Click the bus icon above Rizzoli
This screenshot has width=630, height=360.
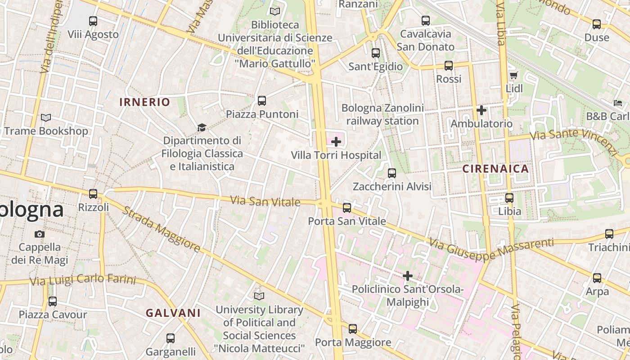[x=93, y=194]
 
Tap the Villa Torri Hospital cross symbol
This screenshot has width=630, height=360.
[x=336, y=142]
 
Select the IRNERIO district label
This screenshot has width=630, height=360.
[x=145, y=102]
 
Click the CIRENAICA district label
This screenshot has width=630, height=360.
[x=495, y=169]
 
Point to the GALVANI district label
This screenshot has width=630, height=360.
[x=173, y=313]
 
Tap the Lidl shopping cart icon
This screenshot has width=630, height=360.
[x=513, y=75]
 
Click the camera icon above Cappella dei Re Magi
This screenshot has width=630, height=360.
[x=40, y=234]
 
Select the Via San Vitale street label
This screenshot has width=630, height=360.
[x=265, y=201]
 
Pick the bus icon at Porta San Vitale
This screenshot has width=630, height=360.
[x=347, y=207]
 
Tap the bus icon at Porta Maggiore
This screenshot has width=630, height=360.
[x=353, y=329]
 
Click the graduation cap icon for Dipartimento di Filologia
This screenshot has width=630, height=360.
[x=202, y=128]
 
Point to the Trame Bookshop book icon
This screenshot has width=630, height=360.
[x=46, y=118]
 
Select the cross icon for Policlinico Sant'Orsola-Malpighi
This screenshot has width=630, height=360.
[x=408, y=275]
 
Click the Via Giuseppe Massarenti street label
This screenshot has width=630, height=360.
[x=491, y=249]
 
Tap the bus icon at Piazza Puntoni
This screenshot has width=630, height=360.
[x=262, y=101]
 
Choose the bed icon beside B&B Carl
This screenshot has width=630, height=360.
[x=618, y=103]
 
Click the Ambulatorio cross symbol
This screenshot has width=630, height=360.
[x=481, y=110]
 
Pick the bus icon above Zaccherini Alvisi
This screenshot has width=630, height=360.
[x=392, y=173]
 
